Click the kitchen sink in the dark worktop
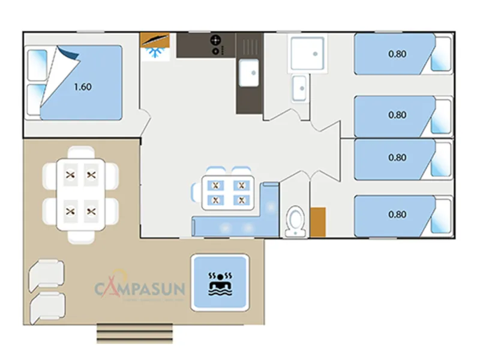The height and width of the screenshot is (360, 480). (248, 73)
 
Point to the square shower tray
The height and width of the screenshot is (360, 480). (307, 53)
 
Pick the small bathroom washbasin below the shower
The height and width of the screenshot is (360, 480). (299, 88)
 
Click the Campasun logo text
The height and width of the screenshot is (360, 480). (140, 288)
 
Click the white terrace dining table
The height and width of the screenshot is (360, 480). (81, 193)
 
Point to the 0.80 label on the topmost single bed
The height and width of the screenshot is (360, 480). (397, 54)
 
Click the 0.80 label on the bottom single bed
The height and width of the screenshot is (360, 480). (397, 214)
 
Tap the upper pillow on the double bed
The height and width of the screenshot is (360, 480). (37, 65)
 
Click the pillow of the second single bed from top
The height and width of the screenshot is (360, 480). (442, 116)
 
